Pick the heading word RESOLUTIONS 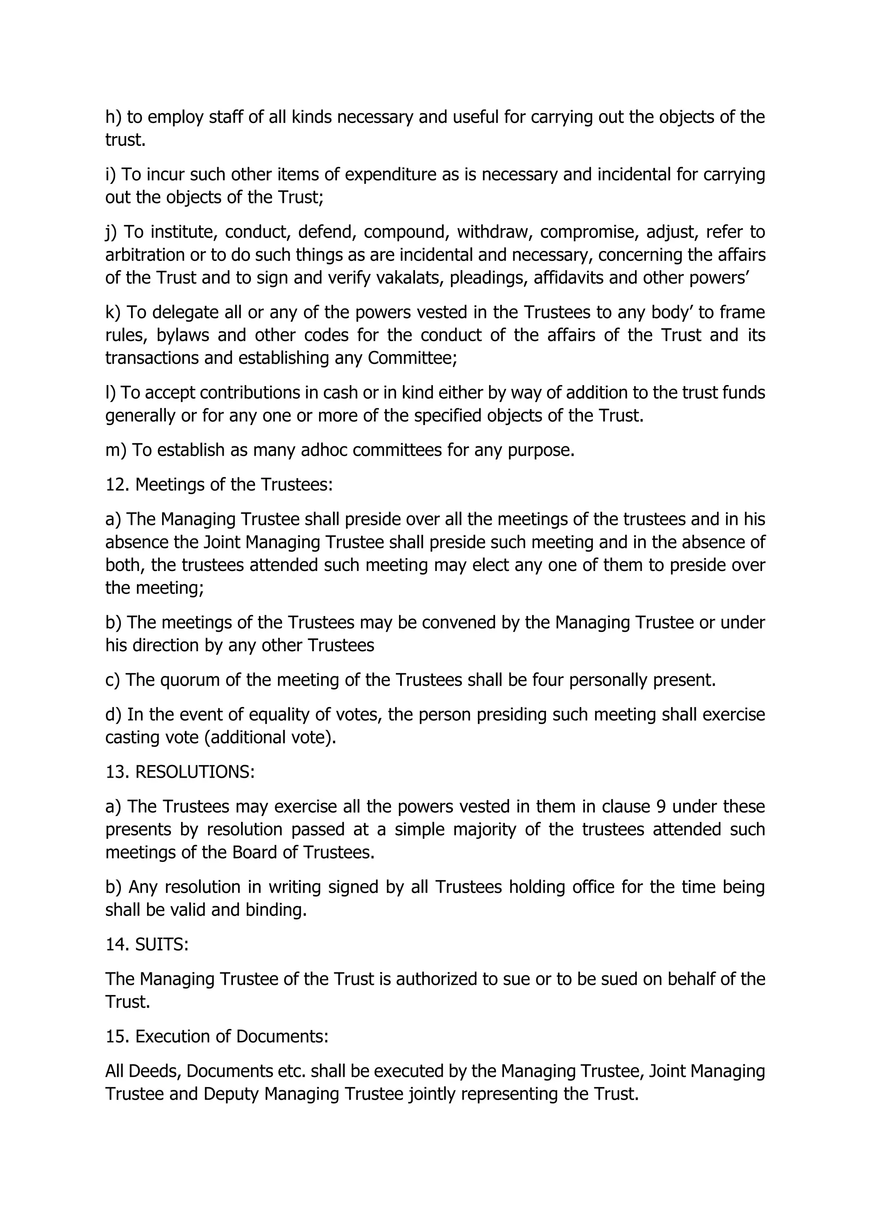point(194,772)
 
